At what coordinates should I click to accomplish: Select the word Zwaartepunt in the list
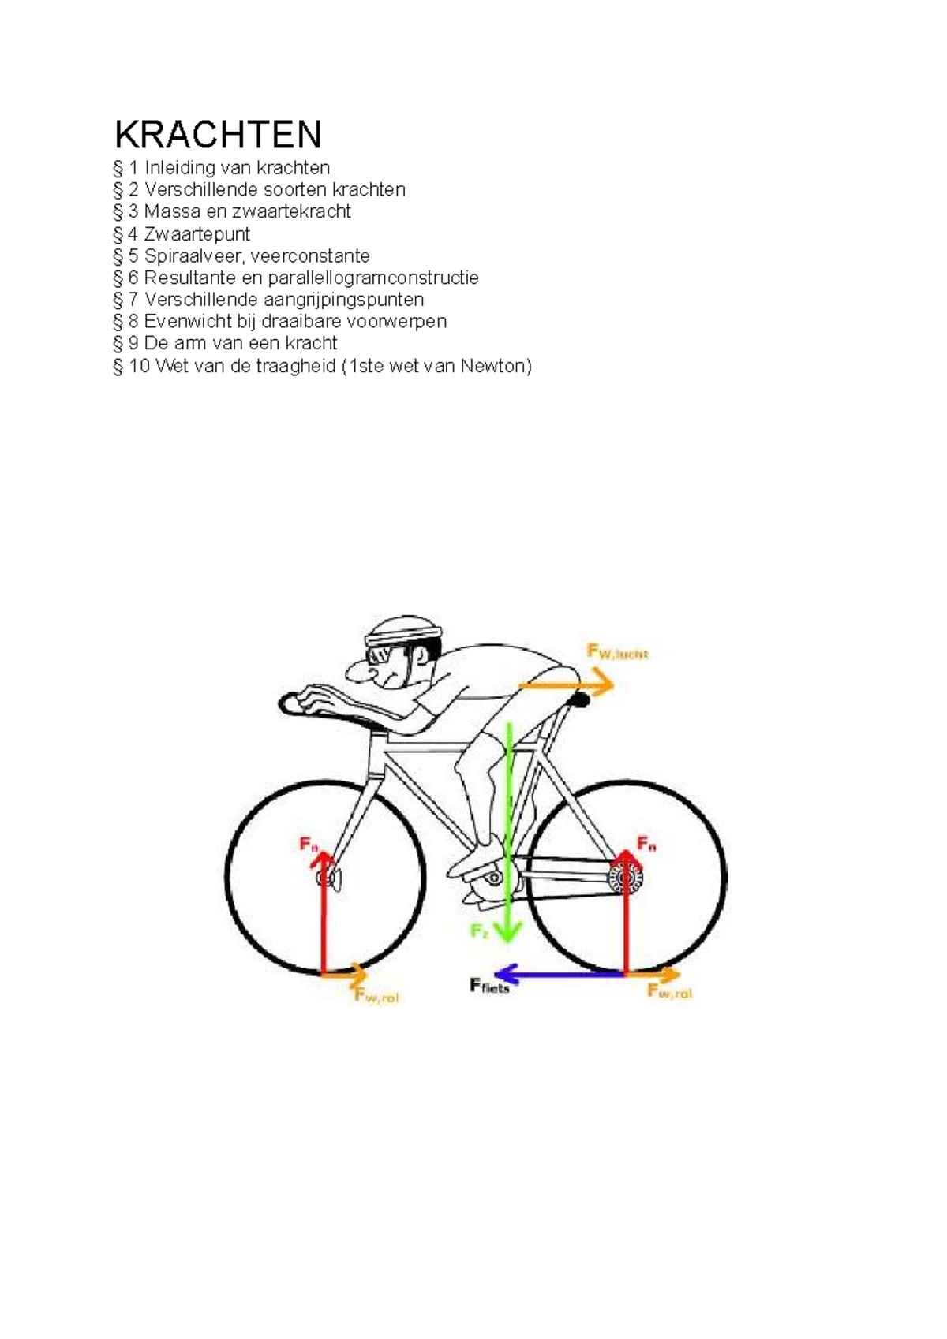(197, 234)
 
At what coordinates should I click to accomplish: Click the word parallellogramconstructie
(372, 278)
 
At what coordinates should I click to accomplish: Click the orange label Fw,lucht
(617, 652)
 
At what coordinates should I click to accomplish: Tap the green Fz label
(480, 931)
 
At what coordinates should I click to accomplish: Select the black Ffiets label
(489, 986)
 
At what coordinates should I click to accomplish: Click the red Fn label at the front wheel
(309, 844)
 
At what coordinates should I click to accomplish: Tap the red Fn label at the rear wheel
(646, 845)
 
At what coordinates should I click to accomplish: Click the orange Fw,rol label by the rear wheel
(669, 992)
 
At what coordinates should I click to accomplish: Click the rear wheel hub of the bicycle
(626, 876)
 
